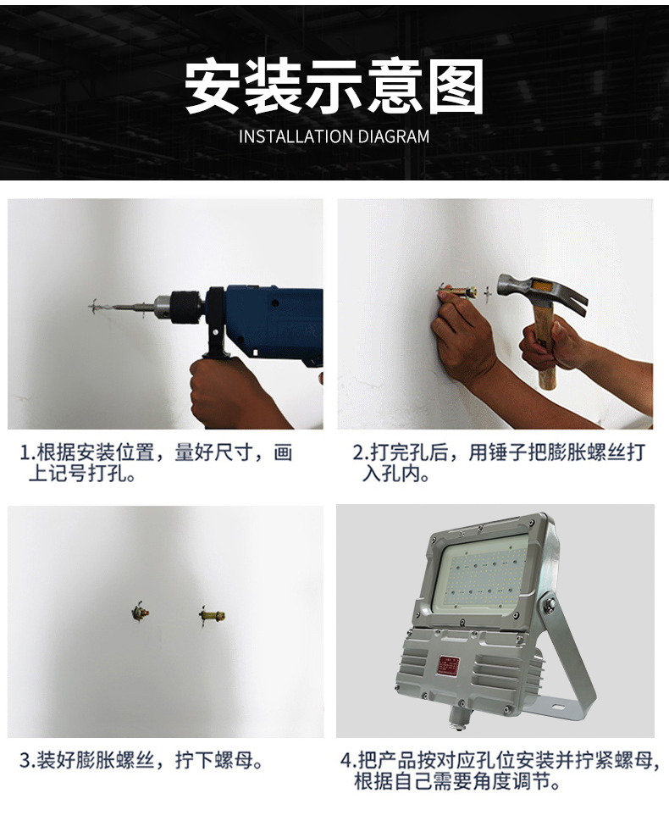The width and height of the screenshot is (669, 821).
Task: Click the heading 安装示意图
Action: pyautogui.click(x=334, y=87)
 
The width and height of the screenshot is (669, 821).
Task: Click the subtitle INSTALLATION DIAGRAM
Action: pyautogui.click(x=334, y=136)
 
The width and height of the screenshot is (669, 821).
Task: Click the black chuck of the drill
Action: pyautogui.click(x=180, y=307)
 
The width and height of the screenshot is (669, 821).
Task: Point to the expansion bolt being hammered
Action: pyautogui.click(x=459, y=290)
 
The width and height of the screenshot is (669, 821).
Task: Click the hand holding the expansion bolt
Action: pyautogui.click(x=462, y=336)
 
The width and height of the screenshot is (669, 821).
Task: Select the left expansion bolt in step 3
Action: pyautogui.click(x=140, y=612)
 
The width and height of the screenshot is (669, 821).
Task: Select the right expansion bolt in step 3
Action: pyautogui.click(x=212, y=615)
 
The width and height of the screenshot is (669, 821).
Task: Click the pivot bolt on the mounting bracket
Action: pyautogui.click(x=549, y=606)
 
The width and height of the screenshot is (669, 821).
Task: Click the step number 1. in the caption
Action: pyautogui.click(x=28, y=453)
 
